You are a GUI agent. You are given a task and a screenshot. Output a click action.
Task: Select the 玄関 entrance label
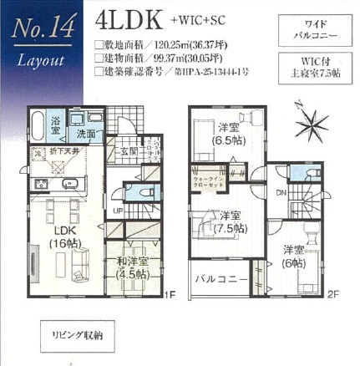pyautogui.click(x=130, y=151)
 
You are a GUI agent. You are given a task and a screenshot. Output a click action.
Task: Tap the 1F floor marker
pyautogui.click(x=169, y=292)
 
